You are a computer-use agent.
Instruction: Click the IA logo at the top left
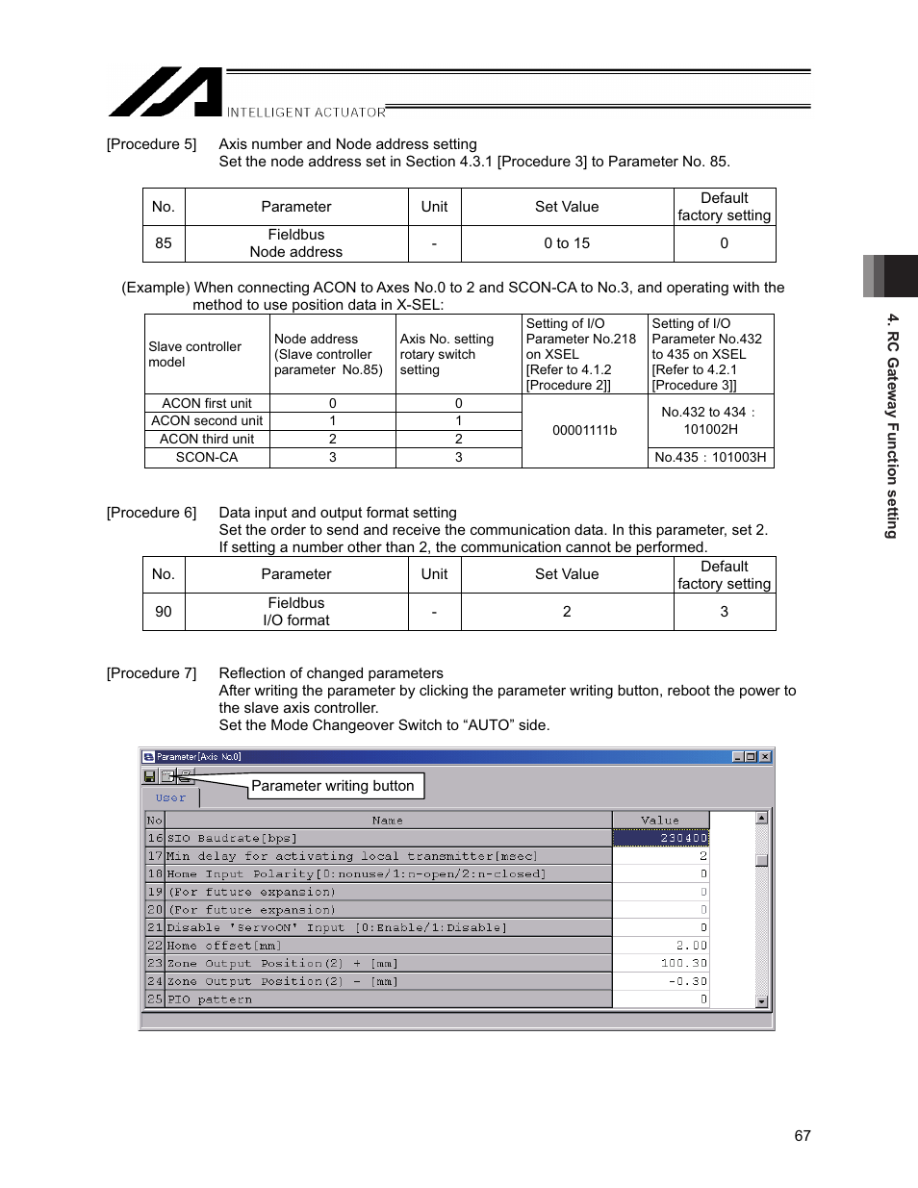coord(166,92)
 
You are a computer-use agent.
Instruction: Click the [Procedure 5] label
coord(151,144)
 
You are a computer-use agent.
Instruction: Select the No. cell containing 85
coord(164,243)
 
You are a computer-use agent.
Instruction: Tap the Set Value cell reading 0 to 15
coord(567,243)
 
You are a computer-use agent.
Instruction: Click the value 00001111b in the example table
coord(584,430)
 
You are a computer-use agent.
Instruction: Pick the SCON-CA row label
coord(207,458)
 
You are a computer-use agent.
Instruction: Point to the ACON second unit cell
coord(207,421)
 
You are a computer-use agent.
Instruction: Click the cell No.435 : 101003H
coord(710,458)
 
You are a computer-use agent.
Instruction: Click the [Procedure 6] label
coord(151,513)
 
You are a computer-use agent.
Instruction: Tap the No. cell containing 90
coord(164,612)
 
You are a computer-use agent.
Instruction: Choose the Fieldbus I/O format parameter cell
coord(296,612)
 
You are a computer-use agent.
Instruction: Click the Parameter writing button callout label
coord(333,786)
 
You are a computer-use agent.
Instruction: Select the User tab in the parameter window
coord(170,798)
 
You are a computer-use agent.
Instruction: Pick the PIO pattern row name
coord(210,999)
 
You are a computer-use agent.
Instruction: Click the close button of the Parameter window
coord(765,757)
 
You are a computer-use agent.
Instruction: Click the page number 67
coord(803,1136)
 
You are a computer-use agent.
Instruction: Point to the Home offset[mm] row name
coord(223,946)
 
